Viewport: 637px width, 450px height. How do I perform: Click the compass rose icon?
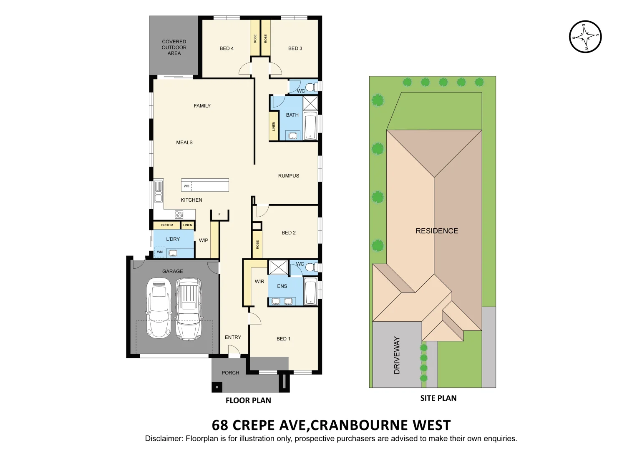pyautogui.click(x=585, y=37)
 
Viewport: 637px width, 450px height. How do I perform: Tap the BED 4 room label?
pyautogui.click(x=227, y=48)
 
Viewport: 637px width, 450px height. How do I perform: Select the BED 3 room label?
pyautogui.click(x=295, y=48)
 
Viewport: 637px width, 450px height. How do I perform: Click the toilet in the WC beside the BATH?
pyautogui.click(x=310, y=87)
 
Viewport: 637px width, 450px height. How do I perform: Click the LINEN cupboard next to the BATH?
pyautogui.click(x=274, y=126)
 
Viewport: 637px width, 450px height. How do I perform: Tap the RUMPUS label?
pyautogui.click(x=289, y=176)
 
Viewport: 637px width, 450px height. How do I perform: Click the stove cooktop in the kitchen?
pyautogui.click(x=179, y=215)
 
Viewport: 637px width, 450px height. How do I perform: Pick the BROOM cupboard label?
pyautogui.click(x=167, y=225)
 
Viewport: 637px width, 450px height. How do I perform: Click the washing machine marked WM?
pyautogui.click(x=160, y=252)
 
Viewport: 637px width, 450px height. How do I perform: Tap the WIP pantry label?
pyautogui.click(x=204, y=240)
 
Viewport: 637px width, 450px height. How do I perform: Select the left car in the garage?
pyautogui.click(x=159, y=308)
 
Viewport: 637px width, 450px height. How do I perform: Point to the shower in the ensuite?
pyautogui.click(x=278, y=267)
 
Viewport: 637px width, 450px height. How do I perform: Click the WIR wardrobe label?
pyautogui.click(x=259, y=282)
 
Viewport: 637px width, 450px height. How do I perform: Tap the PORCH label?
pyautogui.click(x=230, y=373)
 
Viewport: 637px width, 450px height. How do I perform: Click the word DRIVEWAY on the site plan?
pyautogui.click(x=397, y=355)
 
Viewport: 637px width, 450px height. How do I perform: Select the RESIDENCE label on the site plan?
pyautogui.click(x=437, y=231)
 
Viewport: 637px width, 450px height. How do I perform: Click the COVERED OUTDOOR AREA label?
pyautogui.click(x=174, y=47)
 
